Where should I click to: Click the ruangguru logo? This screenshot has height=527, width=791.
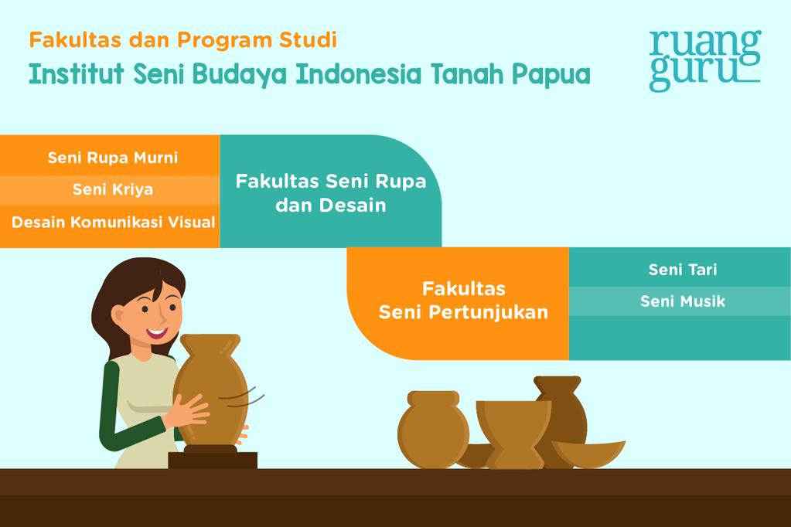(x=704, y=60)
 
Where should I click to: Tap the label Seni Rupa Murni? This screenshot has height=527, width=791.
(x=113, y=158)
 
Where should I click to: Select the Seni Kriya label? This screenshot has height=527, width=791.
(x=113, y=189)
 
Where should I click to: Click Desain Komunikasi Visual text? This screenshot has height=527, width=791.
(x=113, y=223)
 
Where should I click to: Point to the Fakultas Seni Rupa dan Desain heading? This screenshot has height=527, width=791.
(x=331, y=193)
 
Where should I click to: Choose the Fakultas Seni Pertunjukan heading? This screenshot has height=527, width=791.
(x=463, y=301)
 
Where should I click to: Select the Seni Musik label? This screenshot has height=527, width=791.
(x=683, y=301)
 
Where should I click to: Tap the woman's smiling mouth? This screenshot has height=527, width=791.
(x=158, y=333)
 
